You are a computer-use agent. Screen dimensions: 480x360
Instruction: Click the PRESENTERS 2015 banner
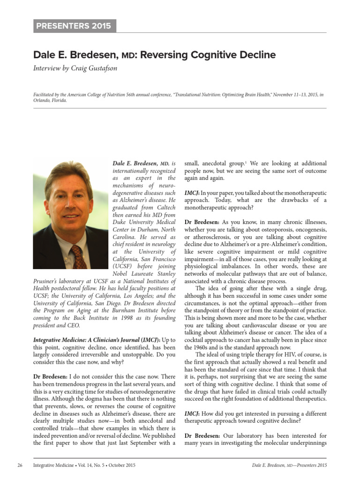point(75,26)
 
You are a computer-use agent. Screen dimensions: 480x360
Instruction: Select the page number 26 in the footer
point(20,465)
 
